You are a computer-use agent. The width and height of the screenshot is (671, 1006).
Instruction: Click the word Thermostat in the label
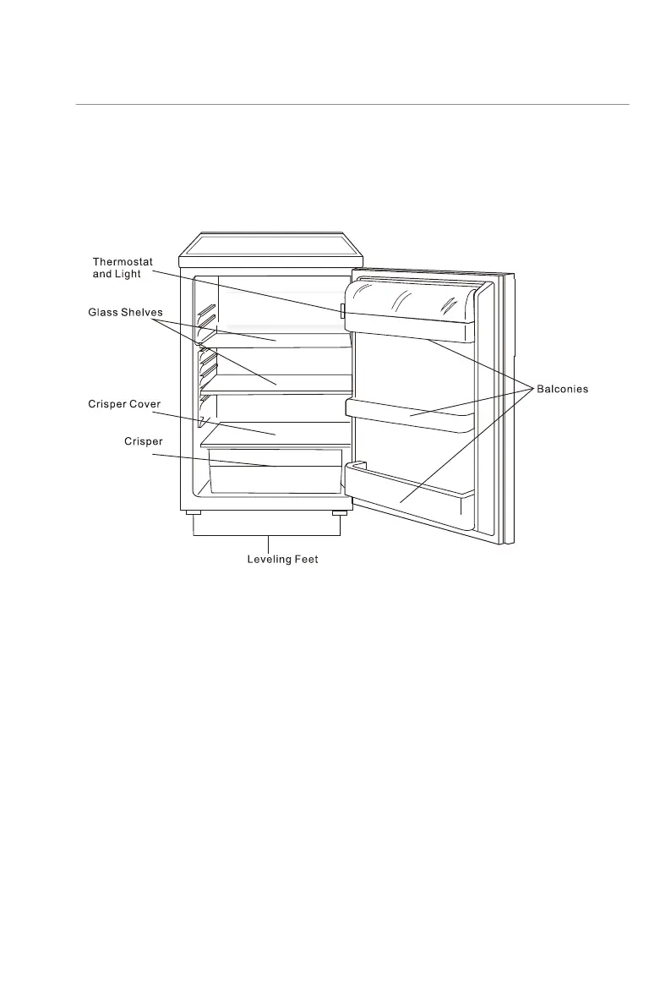[x=123, y=262]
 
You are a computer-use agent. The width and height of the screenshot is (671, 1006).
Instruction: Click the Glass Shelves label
[x=125, y=313]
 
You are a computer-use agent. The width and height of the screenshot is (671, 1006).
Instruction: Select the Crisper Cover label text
[x=124, y=405]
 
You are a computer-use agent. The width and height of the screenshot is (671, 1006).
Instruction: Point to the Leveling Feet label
[x=282, y=560]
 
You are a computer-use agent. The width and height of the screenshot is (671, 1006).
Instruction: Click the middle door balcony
[x=410, y=414]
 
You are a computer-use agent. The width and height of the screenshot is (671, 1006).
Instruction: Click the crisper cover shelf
[x=275, y=433]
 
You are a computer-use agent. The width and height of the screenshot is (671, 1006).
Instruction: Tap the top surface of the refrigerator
[x=270, y=244]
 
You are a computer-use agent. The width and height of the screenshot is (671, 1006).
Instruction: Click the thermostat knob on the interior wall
[x=342, y=312]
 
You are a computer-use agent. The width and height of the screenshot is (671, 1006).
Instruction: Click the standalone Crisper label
[x=144, y=441]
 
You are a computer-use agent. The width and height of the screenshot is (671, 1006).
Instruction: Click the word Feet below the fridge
[x=305, y=560]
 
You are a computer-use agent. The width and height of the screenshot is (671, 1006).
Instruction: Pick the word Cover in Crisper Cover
[x=145, y=405]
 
